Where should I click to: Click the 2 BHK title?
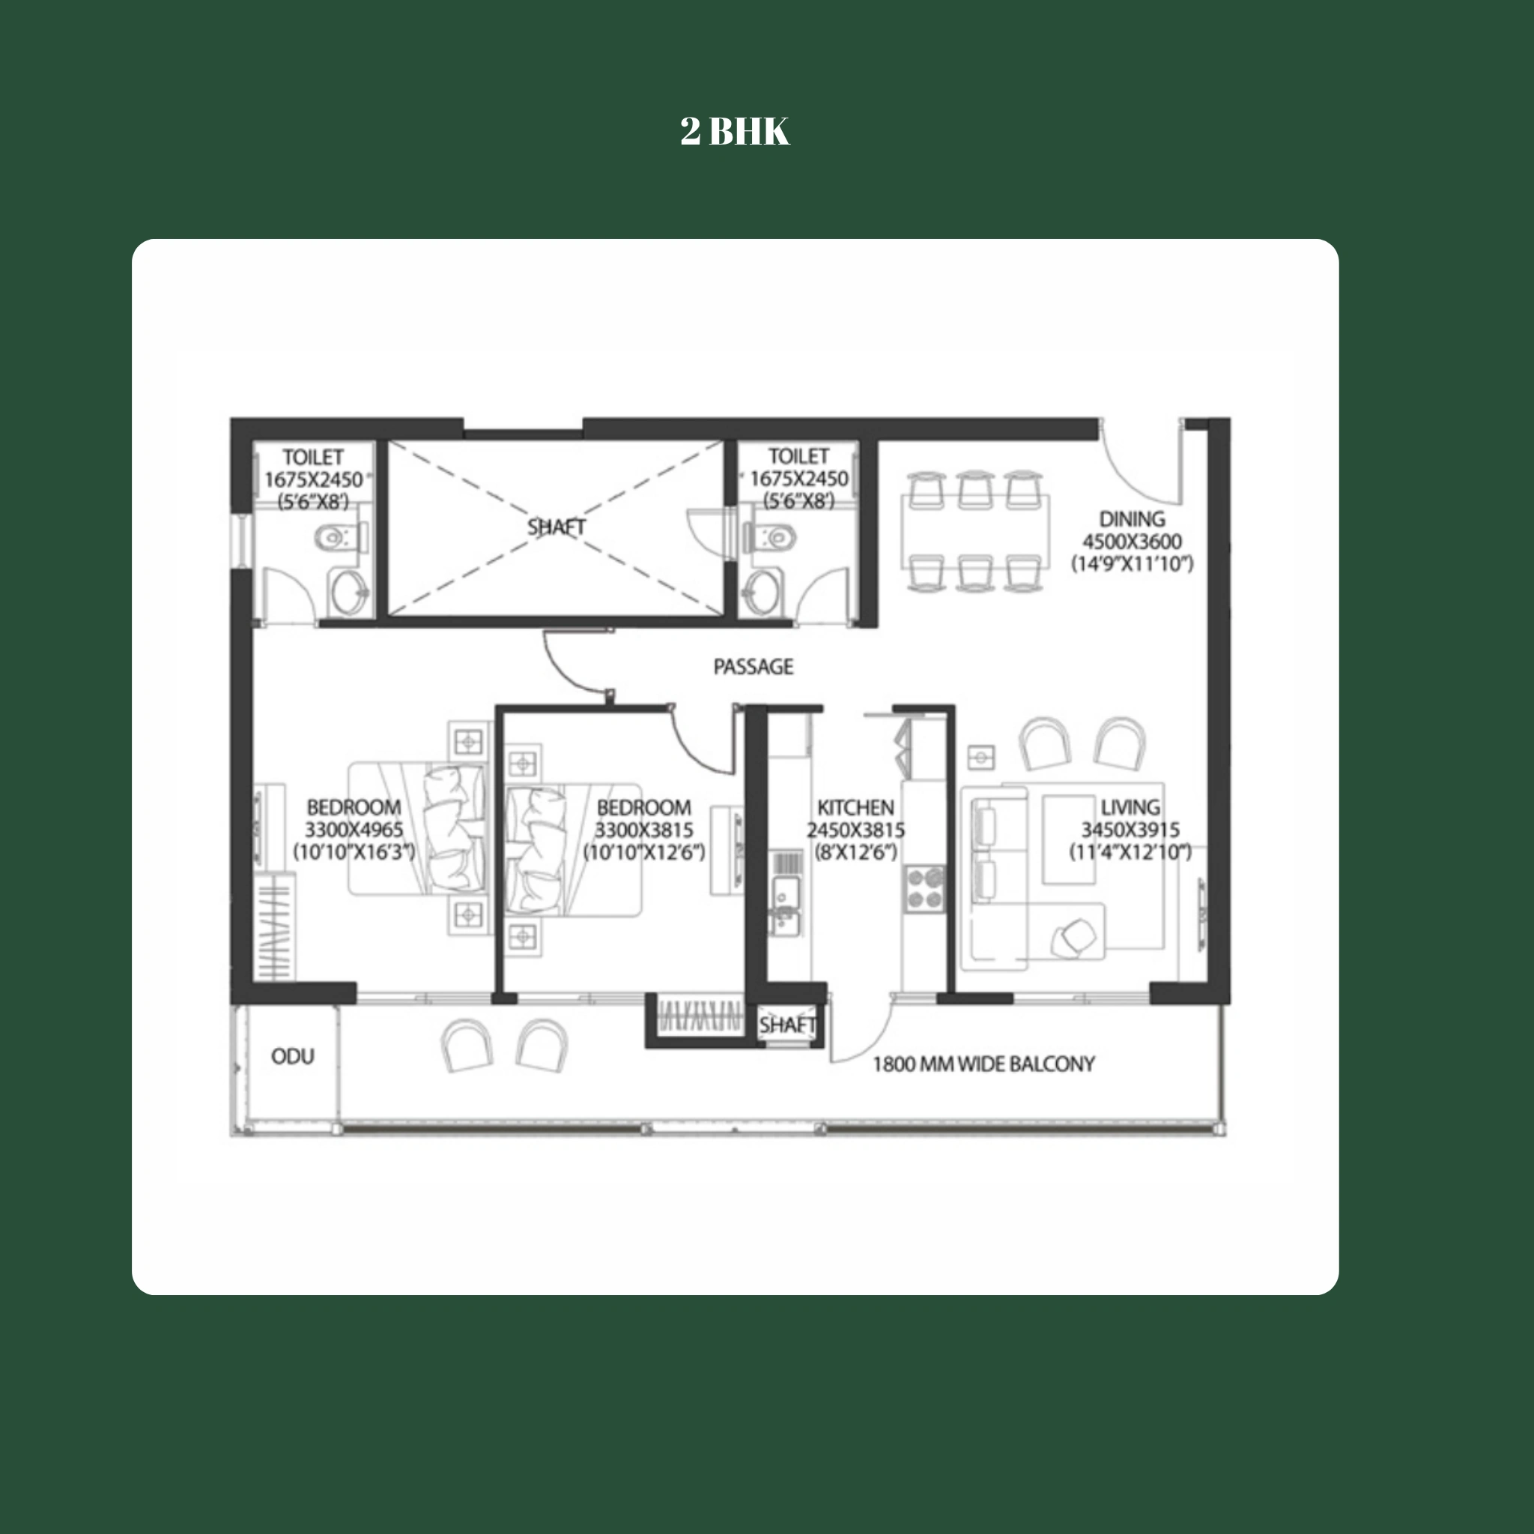coord(735,131)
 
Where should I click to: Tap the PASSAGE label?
coord(753,666)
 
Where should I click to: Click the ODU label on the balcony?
coord(292,1056)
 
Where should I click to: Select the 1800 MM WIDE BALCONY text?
coord(983,1064)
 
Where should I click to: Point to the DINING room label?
coord(1132,519)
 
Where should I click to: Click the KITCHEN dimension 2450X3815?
coord(855,830)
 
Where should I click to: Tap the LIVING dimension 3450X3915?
coord(1129,830)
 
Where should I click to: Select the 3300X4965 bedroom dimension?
coord(354,830)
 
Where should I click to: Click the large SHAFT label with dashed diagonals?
coord(556,527)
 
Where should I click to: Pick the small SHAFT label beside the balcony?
coord(786,1025)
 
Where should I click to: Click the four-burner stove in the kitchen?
coord(924,888)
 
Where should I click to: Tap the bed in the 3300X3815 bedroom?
coord(572,849)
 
